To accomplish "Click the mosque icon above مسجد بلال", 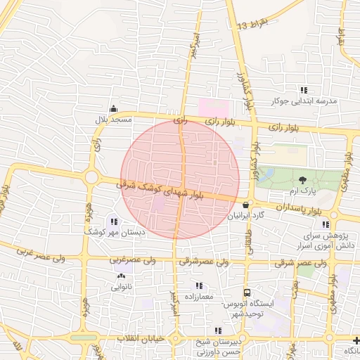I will [114, 109].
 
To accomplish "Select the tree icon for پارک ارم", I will [302, 180].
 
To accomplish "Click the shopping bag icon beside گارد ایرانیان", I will [245, 205].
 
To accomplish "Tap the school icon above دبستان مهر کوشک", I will [114, 222].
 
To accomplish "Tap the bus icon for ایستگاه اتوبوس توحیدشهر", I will [246, 292].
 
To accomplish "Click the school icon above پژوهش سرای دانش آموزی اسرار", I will [325, 224].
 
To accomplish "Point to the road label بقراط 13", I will [253, 26].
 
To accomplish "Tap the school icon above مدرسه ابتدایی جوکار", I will [304, 90].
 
